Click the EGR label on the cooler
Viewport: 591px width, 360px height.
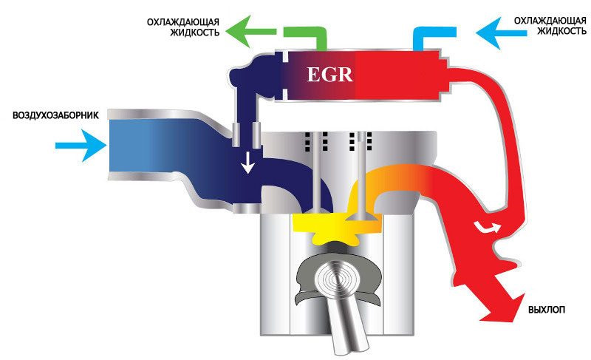(329, 74)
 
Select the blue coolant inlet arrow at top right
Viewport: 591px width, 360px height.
(502, 33)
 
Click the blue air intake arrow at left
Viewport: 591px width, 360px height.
(81, 146)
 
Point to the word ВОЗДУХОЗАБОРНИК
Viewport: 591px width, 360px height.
(56, 115)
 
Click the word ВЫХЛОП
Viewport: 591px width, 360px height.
(547, 310)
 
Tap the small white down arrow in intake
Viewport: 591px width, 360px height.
(247, 163)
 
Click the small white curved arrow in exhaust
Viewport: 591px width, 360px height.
(488, 226)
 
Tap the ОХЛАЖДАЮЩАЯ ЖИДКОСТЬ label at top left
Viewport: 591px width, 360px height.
(183, 27)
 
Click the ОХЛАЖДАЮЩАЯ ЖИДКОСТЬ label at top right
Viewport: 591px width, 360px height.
(550, 26)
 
